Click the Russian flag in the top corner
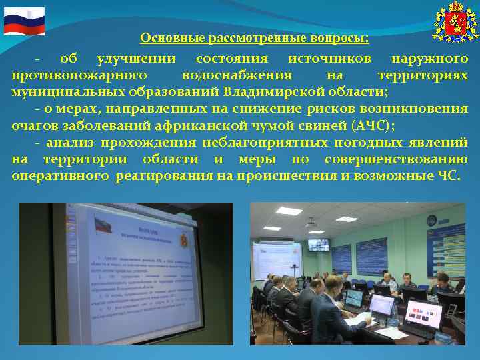click(24, 21)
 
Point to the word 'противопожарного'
click(79, 75)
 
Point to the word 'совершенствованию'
click(397, 159)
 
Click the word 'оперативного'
click(59, 176)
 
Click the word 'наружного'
click(430, 59)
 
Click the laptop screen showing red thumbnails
click(424, 314)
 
